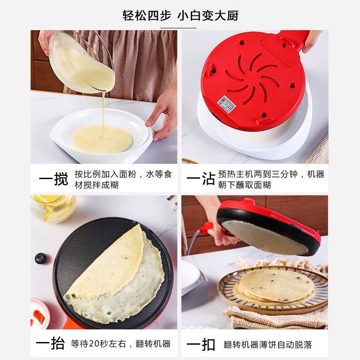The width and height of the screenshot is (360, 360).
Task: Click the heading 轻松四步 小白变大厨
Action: (180, 16)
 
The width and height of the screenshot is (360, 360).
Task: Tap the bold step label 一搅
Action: (54, 179)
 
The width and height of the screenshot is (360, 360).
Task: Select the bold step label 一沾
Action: (201, 178)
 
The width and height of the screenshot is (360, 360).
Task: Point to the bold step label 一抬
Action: (50, 344)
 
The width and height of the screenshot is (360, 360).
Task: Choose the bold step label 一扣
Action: (201, 345)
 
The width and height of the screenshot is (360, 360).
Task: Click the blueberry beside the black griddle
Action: (40, 258)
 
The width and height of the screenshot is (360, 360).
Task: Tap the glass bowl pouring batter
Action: (81, 62)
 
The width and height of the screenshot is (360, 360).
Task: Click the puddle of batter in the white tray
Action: (102, 139)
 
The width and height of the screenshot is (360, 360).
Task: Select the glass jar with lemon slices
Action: (53, 209)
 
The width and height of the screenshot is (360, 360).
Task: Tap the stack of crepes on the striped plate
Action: (274, 286)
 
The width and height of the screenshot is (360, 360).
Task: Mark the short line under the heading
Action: (178, 28)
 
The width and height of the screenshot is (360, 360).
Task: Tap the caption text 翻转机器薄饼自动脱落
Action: (268, 345)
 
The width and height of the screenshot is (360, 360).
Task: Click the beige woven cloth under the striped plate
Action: (275, 318)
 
